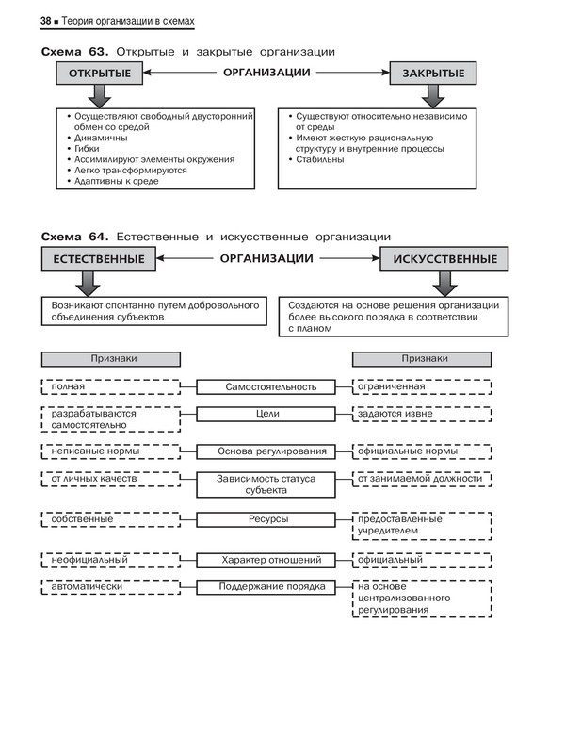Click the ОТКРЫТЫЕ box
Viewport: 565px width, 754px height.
(x=92, y=73)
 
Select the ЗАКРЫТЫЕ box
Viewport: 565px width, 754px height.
(x=433, y=73)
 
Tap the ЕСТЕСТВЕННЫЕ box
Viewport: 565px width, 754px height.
(x=99, y=259)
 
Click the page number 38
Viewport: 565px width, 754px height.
(x=46, y=21)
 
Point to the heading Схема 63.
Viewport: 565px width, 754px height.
(x=74, y=50)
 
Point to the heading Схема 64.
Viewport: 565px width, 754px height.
(x=74, y=236)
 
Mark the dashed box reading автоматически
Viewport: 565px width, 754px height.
(x=111, y=586)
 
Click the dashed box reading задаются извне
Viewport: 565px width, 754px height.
(x=422, y=413)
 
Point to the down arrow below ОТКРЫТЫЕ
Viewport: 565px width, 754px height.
(x=92, y=94)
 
